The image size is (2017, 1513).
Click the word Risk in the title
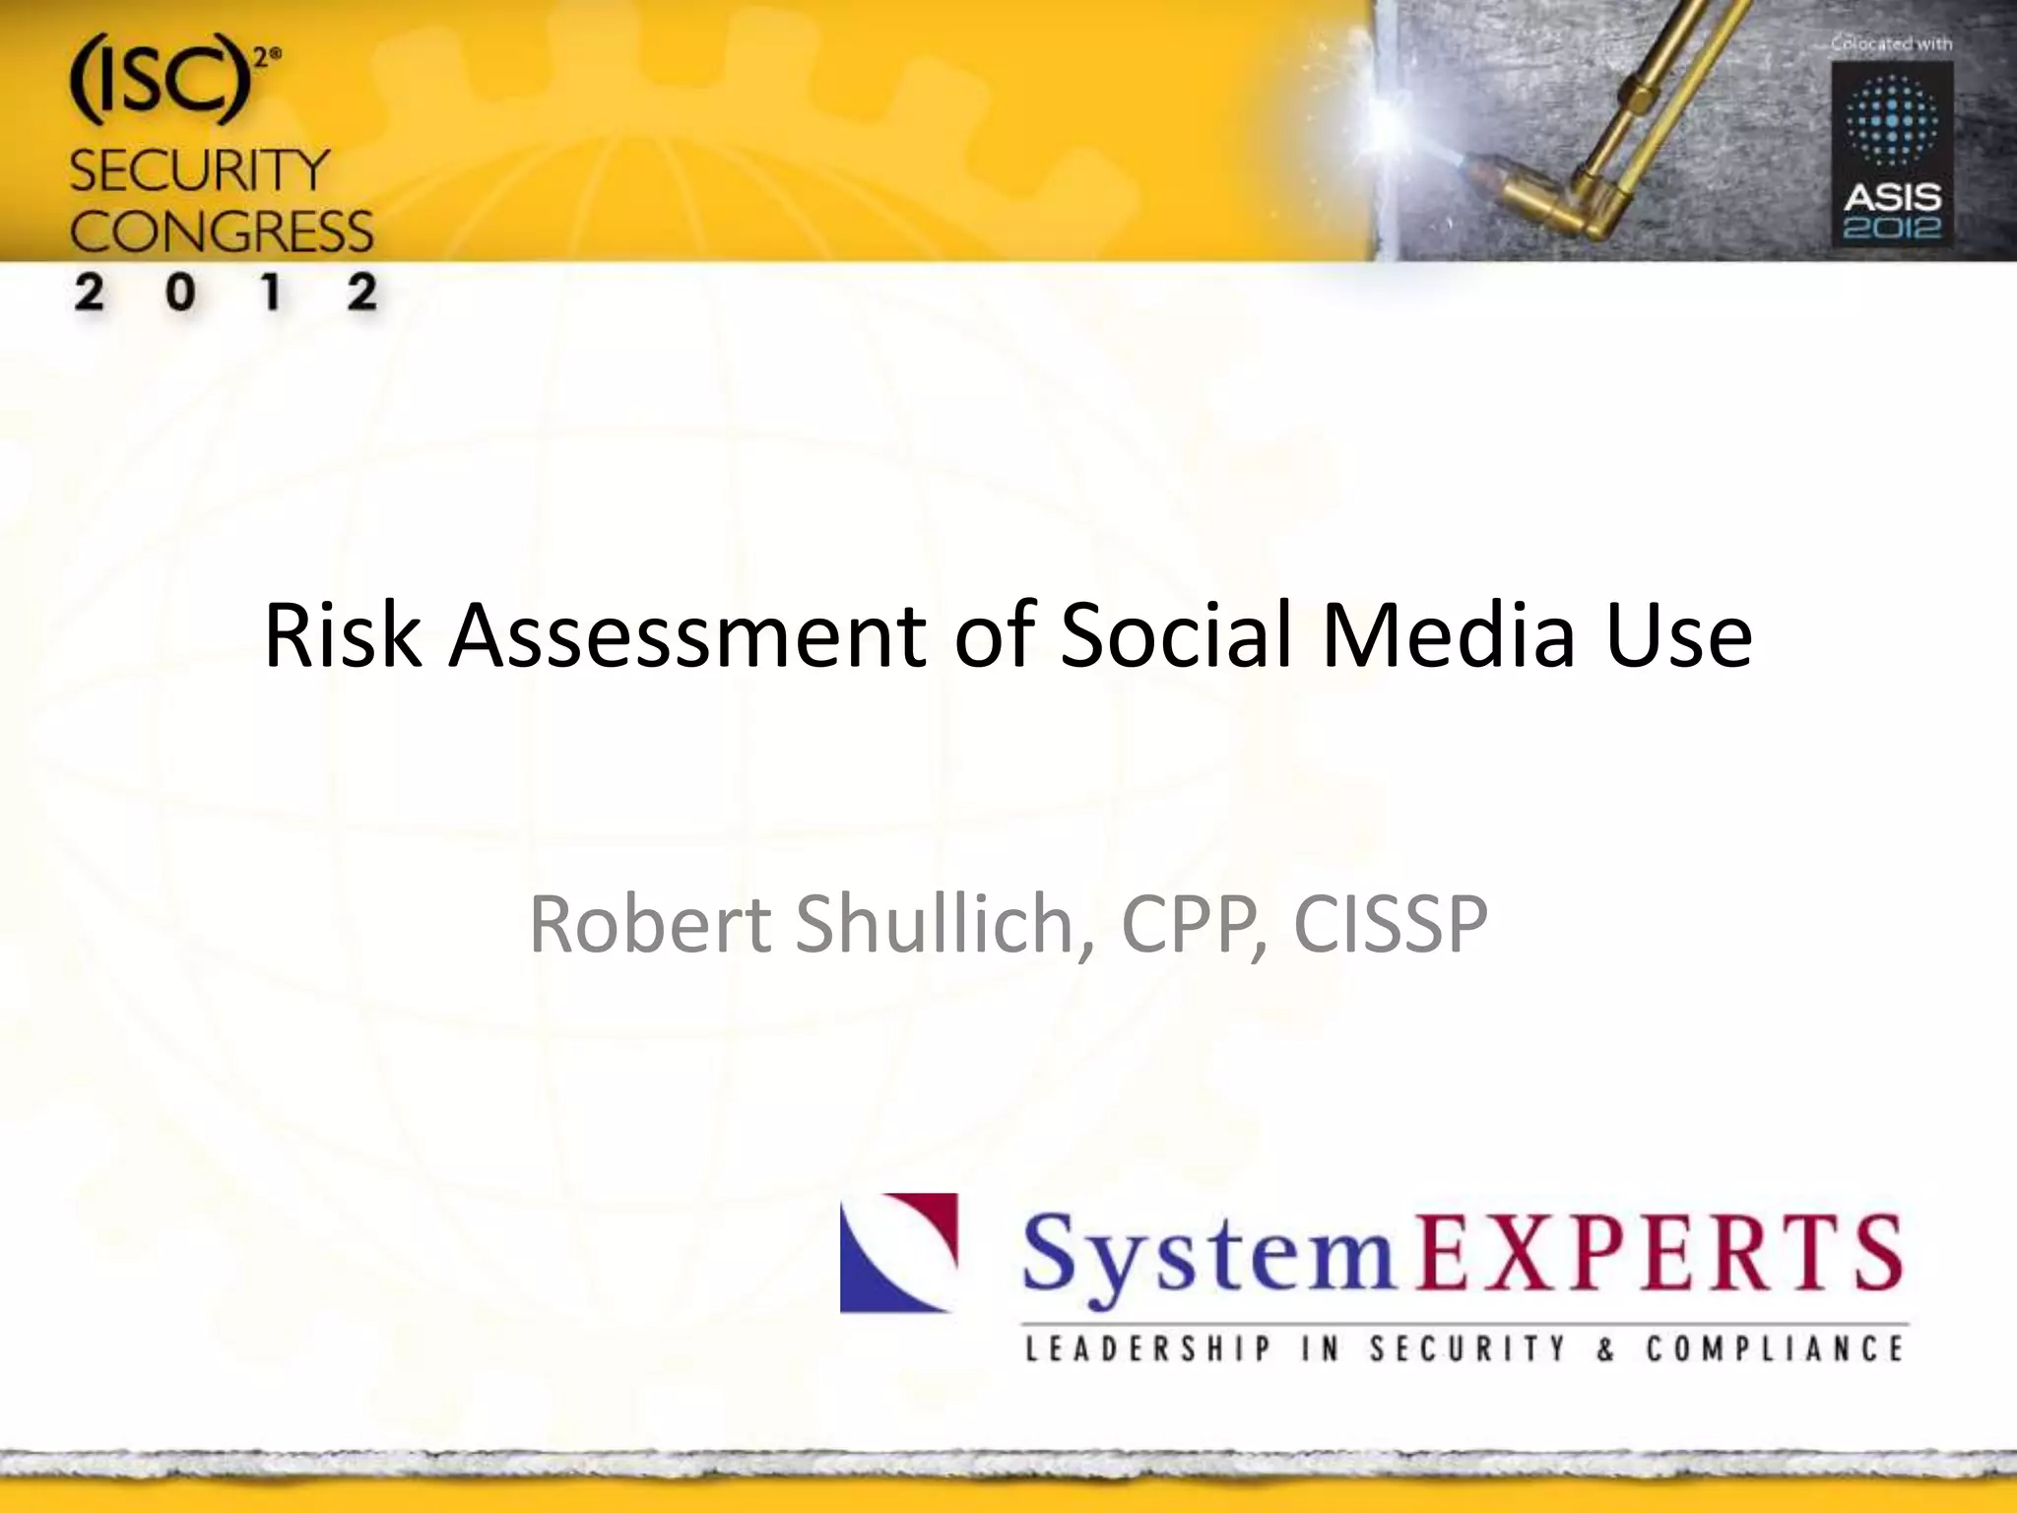[x=343, y=635]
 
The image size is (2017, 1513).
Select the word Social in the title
[x=1175, y=635]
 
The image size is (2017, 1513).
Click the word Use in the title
[x=1678, y=635]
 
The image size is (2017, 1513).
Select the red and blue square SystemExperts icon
[x=898, y=1253]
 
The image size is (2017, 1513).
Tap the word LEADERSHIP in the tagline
[x=1148, y=1349]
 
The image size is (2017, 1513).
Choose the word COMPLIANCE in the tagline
[x=1775, y=1349]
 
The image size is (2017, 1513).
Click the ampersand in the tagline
[x=1606, y=1349]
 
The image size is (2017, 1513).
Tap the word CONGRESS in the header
[x=222, y=232]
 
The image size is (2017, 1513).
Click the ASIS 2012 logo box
[x=1892, y=155]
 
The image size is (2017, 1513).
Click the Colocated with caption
[x=1891, y=43]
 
